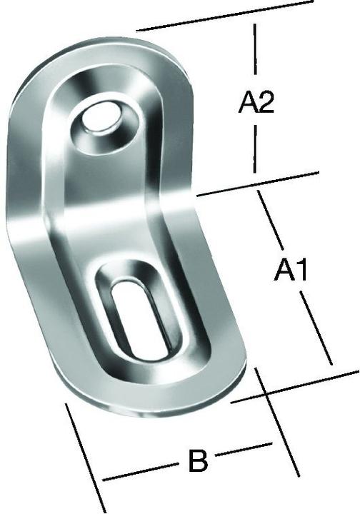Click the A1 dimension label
coord(291,271)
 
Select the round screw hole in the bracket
coord(101,120)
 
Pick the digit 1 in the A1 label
coord(301,271)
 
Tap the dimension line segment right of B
coord(243,448)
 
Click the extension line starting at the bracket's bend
coord(257,183)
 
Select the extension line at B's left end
coord(86,457)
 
